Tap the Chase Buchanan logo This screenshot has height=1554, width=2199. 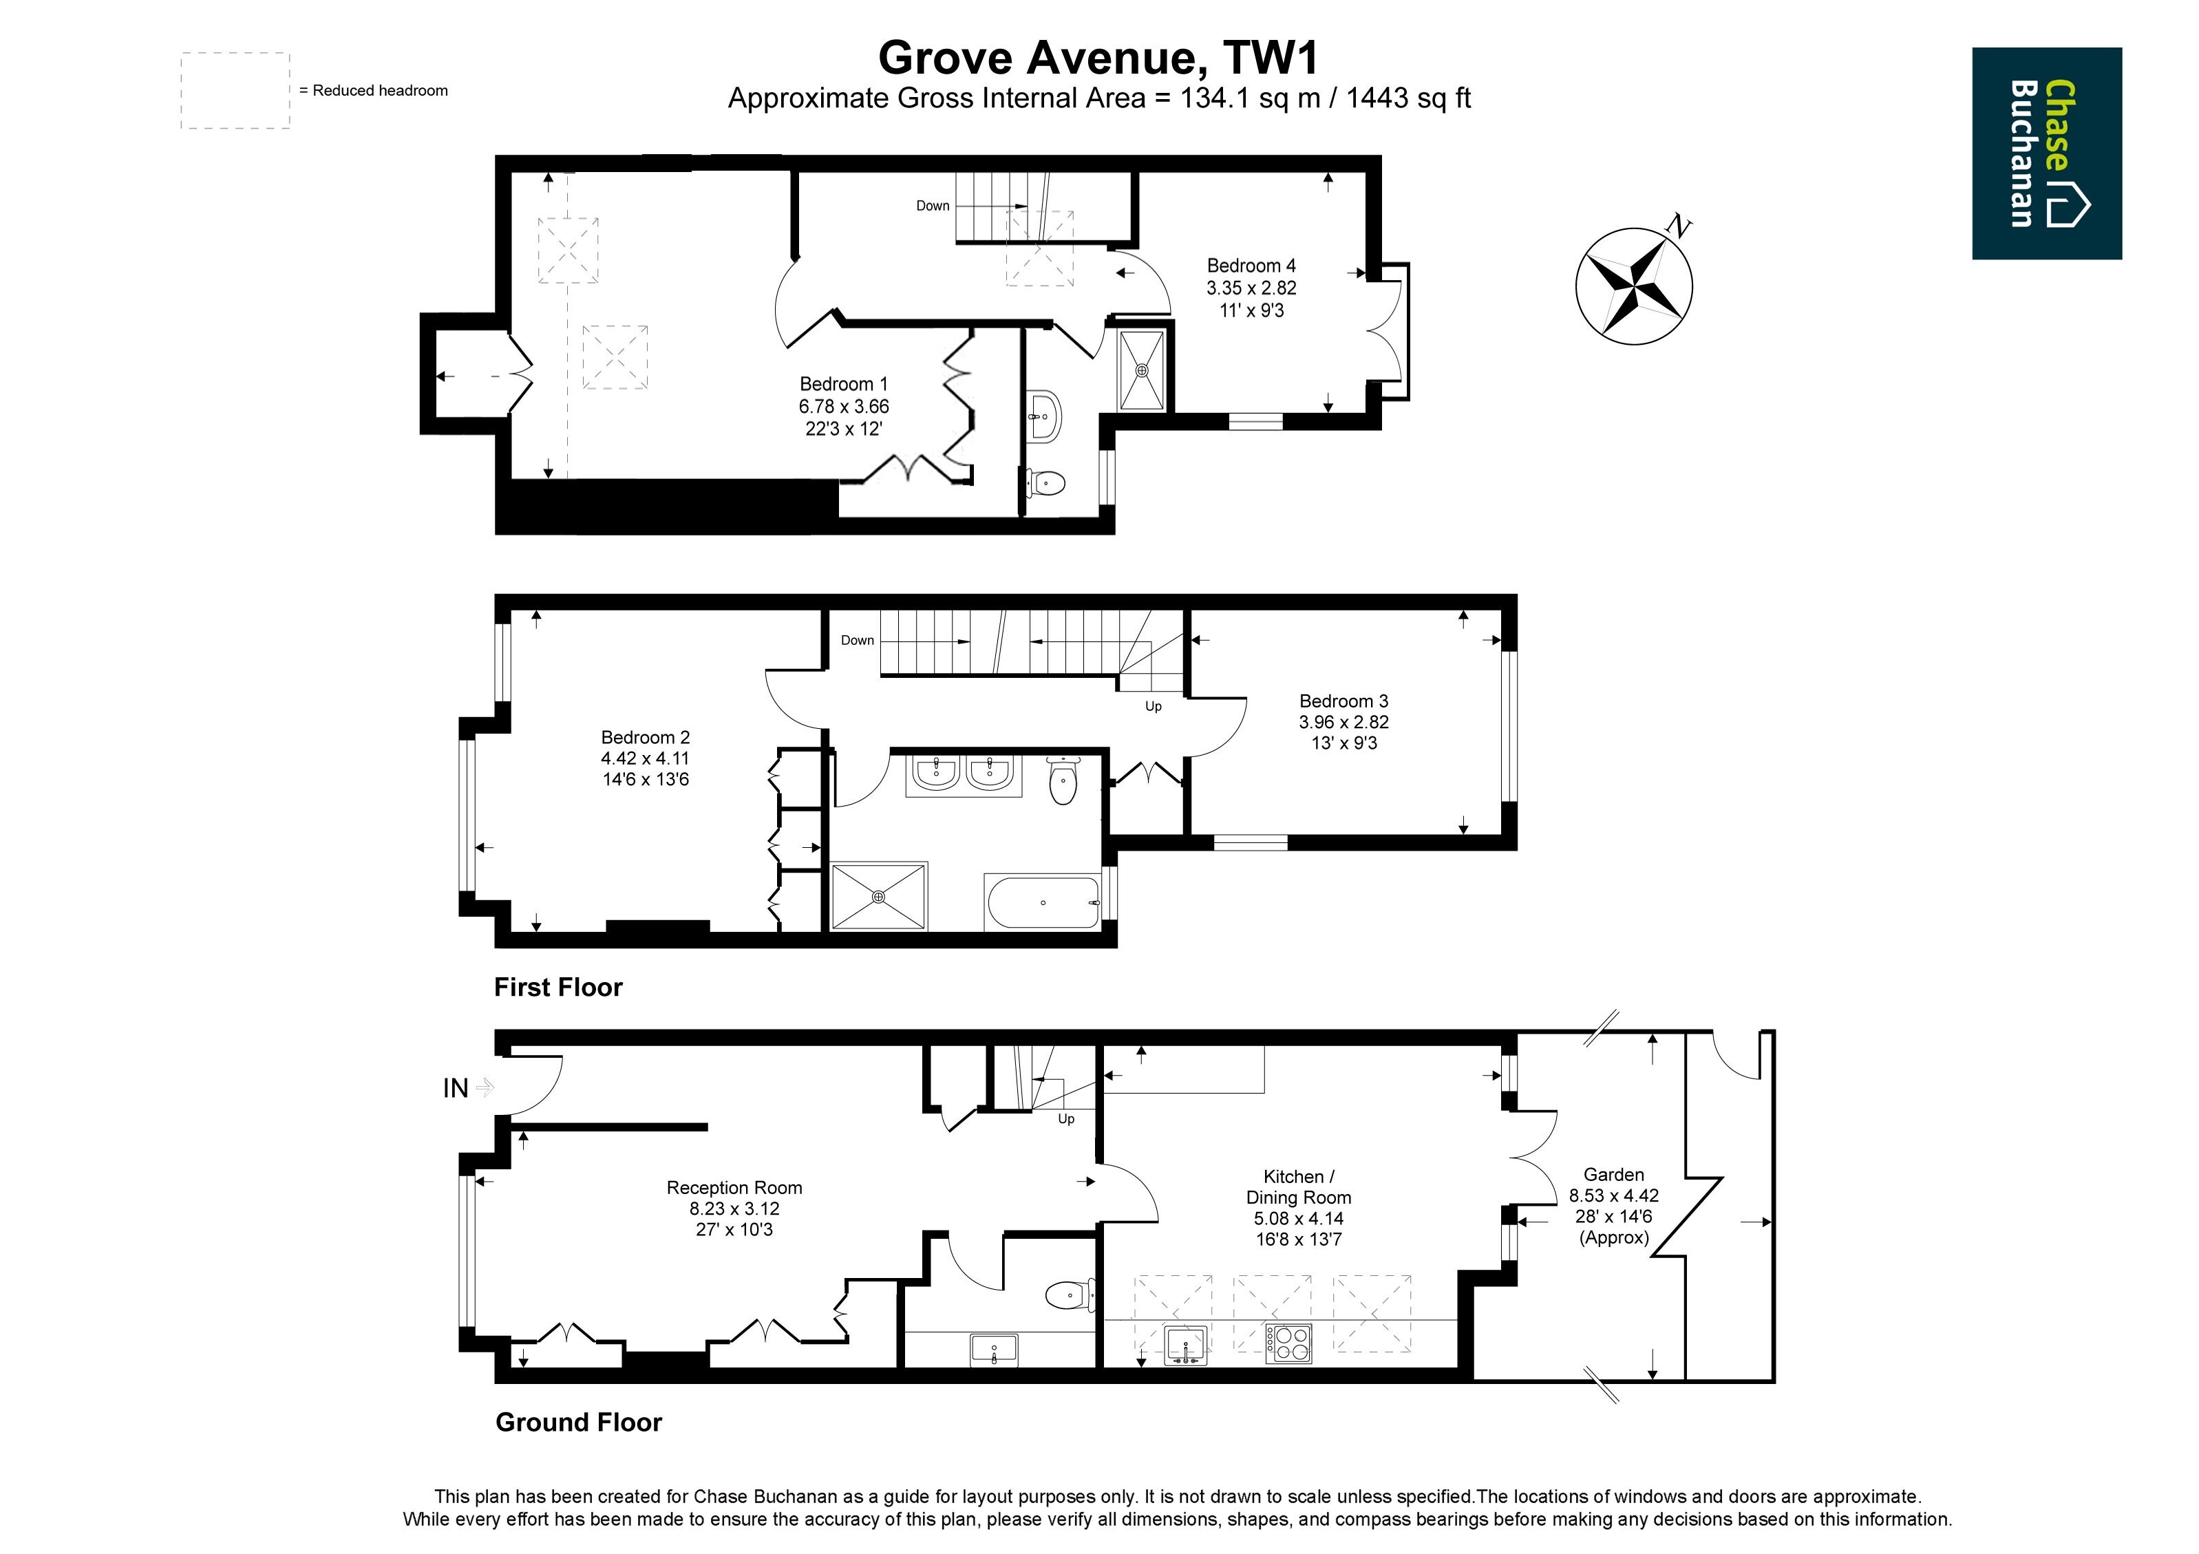tap(2047, 153)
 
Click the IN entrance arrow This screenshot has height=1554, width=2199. tap(485, 1087)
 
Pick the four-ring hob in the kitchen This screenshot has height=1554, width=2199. tap(1289, 1343)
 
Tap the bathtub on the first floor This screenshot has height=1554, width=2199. tap(1043, 902)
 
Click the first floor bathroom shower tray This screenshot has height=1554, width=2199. tap(879, 896)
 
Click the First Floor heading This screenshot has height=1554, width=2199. tap(558, 987)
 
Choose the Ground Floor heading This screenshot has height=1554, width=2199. tap(578, 1422)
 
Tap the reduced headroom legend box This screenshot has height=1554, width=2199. tap(235, 91)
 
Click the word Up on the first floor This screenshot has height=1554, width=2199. tap(1153, 707)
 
